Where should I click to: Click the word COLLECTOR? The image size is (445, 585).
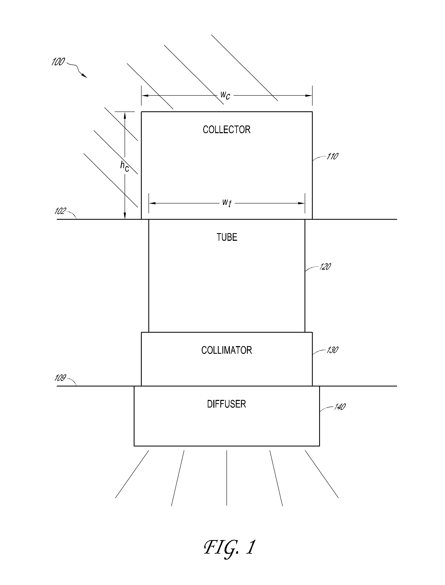[x=227, y=129]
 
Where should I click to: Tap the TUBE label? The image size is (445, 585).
[x=227, y=237]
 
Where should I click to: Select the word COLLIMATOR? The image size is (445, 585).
[x=227, y=350]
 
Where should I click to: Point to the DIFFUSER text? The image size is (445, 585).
[x=227, y=404]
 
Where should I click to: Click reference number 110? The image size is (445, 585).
[x=332, y=156]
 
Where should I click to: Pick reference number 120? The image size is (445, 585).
[x=325, y=267]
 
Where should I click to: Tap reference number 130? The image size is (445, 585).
[x=332, y=350]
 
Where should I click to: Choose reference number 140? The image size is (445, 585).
[x=340, y=407]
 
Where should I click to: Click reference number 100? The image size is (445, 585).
[x=58, y=62]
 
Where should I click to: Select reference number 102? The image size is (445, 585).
[x=60, y=211]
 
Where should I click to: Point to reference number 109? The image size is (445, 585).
[x=60, y=378]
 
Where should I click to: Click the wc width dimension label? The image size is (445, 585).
[x=225, y=95]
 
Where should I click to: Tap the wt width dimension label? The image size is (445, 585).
[x=227, y=203]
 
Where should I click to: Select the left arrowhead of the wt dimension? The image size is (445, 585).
[x=152, y=203]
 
